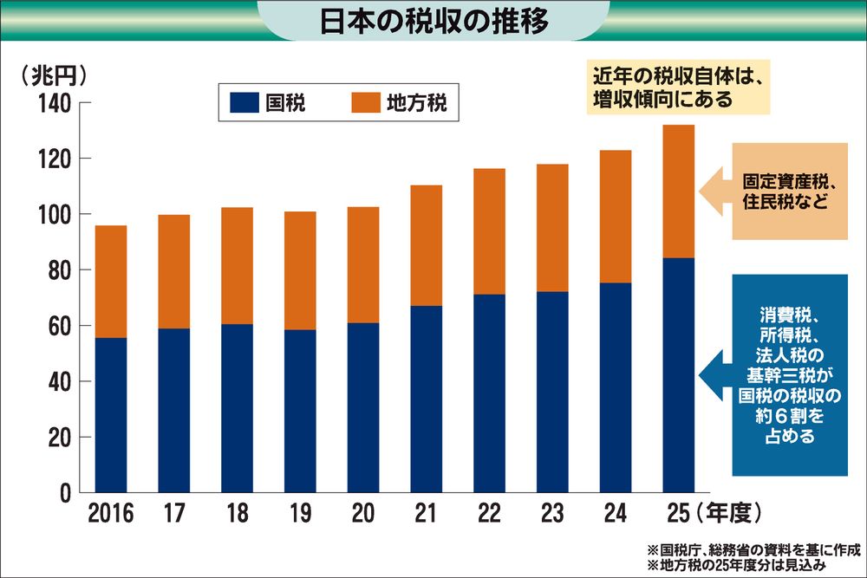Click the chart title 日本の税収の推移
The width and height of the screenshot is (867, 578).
tap(434, 21)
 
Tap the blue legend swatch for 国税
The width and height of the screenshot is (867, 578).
tap(244, 103)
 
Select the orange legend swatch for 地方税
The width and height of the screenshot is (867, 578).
tap(366, 103)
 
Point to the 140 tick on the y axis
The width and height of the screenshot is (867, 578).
tap(55, 103)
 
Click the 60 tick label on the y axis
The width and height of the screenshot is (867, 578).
tap(61, 326)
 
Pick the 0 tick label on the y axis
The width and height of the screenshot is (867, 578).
tap(66, 493)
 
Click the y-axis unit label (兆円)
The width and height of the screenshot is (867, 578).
tap(54, 75)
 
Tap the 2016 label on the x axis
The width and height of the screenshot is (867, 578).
tap(111, 513)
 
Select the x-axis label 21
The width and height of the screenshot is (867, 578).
tap(426, 513)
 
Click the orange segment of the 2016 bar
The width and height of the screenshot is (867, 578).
tap(111, 282)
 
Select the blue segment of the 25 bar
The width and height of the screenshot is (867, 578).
tap(679, 375)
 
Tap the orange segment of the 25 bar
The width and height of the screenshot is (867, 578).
tap(679, 192)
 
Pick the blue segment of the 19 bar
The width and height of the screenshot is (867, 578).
tap(300, 411)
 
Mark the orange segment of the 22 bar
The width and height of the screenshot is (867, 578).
tap(489, 231)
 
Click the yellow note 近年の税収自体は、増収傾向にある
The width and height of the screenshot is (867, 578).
tap(679, 88)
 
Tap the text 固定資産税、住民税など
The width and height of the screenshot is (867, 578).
tap(788, 192)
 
